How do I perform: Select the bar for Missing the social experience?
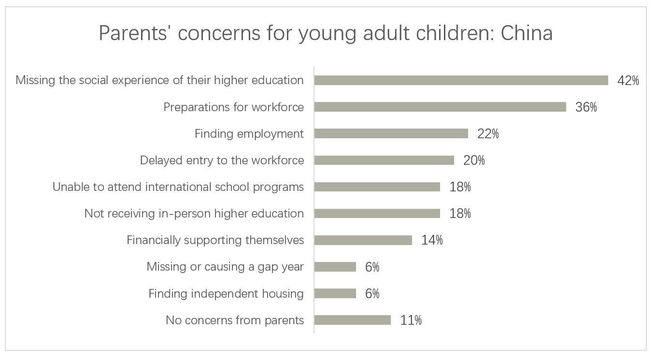point(461,80)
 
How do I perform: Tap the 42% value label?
point(628,81)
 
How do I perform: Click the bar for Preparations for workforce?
point(440,107)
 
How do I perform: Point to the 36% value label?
point(586,107)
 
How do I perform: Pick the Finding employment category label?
point(249,134)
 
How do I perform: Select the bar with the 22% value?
point(391,133)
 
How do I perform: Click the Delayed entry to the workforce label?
point(222,160)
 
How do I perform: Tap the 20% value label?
point(474,160)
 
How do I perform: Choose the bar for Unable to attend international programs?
point(377,187)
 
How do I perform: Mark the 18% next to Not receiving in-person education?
point(460,214)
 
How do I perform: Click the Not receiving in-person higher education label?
point(194,214)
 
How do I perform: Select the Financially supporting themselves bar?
point(363,240)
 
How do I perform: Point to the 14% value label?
point(432,240)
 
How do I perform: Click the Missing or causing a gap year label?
point(225,267)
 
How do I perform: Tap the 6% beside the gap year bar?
point(372,267)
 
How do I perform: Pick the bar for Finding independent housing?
point(335,293)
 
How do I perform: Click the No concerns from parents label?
point(235,320)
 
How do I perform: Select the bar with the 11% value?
point(352,320)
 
